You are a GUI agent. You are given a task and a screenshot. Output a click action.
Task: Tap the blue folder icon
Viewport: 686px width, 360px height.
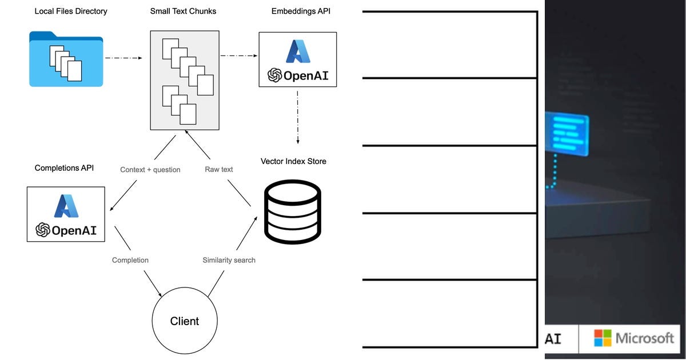coord(66,59)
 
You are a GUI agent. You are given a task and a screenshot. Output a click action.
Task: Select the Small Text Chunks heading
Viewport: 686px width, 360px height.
coord(184,11)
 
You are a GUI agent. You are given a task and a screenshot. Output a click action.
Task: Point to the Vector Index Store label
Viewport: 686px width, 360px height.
coord(293,162)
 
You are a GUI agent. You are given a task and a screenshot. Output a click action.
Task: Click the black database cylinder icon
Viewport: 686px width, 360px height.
coord(293,212)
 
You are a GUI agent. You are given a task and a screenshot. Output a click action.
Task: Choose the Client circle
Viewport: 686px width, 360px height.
coord(184,321)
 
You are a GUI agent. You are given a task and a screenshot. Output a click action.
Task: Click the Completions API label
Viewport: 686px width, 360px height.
coord(64,168)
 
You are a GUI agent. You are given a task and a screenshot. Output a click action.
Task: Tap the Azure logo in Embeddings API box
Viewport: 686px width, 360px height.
coord(298,51)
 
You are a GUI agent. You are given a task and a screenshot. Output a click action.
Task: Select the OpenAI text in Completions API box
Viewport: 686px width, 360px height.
coord(74,230)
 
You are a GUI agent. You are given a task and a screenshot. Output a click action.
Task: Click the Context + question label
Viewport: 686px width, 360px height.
coord(150,170)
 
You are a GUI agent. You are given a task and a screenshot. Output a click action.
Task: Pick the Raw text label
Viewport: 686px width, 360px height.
coord(219,170)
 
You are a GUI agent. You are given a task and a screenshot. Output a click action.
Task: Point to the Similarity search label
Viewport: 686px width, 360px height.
coord(229,260)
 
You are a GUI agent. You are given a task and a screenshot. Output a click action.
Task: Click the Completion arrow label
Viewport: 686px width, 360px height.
coord(130,260)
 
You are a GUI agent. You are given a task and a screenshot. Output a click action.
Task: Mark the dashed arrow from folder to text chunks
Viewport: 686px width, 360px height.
coord(122,58)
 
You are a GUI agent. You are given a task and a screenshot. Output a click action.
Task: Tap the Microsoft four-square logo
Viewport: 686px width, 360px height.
coord(603,338)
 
